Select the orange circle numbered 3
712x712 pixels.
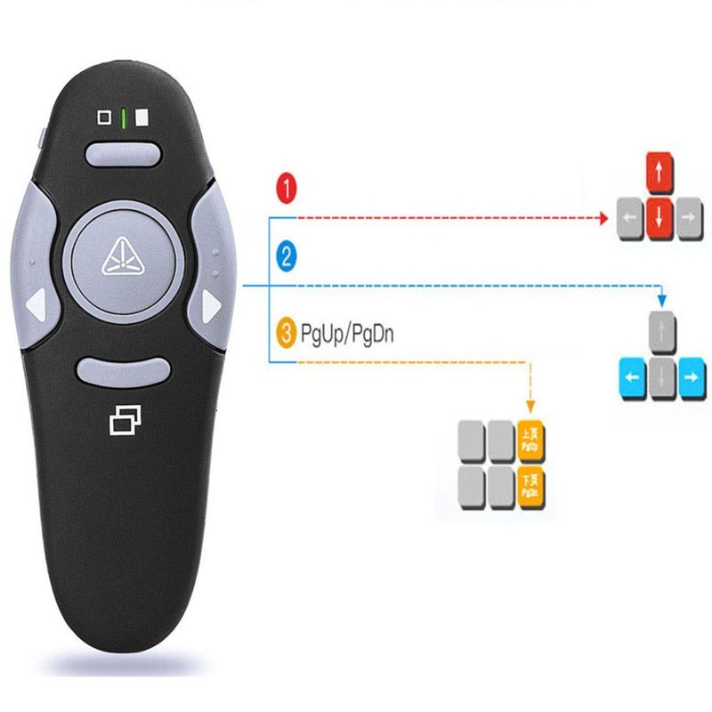tap(287, 335)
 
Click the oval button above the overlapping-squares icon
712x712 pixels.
tap(121, 370)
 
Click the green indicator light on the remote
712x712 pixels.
tap(125, 117)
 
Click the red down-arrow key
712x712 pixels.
tap(658, 217)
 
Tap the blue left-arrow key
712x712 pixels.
tap(630, 379)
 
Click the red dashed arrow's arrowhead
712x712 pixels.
tap(603, 216)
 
